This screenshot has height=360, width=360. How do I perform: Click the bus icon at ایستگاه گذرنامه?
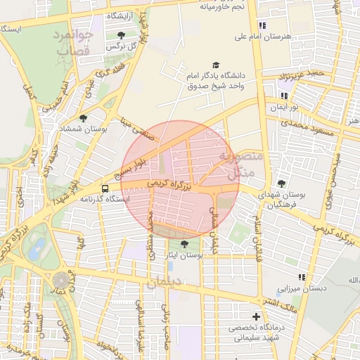pyautogui.click(x=105, y=188)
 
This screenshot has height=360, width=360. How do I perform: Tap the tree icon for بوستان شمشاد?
pyautogui.click(x=84, y=118)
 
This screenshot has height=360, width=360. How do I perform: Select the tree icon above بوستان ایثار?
pyautogui.click(x=184, y=244)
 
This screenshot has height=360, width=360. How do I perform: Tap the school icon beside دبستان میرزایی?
pyautogui.click(x=302, y=278)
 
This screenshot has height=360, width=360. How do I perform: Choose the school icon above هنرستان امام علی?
pyautogui.click(x=262, y=25)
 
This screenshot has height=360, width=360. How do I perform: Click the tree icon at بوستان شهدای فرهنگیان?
pyautogui.click(x=281, y=184)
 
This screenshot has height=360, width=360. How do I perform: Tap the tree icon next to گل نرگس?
pyautogui.click(x=121, y=34)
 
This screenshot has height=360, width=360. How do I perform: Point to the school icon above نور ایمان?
pyautogui.click(x=284, y=96)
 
